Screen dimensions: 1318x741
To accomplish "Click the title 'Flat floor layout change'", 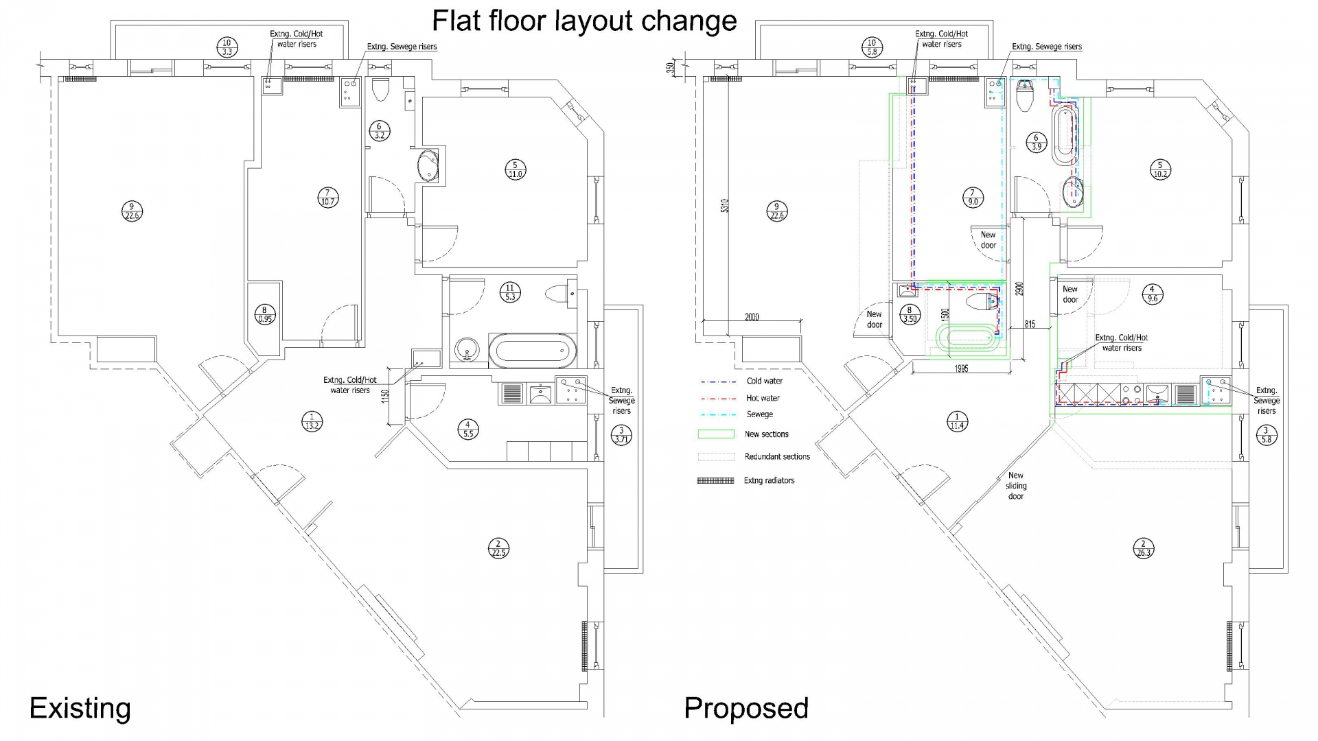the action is point(584,21).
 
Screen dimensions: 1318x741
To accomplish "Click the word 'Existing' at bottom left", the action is point(80,708).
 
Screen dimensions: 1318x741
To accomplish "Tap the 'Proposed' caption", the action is point(746,708).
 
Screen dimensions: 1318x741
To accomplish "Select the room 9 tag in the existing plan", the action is point(132,211).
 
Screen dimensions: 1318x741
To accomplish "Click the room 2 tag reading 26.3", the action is point(1143,548).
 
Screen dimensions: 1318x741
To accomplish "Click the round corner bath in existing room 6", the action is point(428,165).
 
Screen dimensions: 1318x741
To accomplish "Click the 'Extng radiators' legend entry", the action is point(746,480).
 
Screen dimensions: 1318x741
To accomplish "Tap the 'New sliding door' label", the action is point(1016,486).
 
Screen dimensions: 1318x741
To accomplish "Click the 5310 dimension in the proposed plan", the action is point(725,205).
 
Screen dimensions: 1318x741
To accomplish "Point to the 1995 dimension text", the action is point(961,369).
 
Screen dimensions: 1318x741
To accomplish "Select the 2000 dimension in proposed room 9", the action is point(752,317).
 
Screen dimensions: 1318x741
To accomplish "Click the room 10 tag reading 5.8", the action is point(872,47).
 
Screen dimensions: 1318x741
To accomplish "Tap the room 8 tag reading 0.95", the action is point(265,314).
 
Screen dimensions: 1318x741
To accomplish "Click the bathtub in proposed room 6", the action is point(1064,134).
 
